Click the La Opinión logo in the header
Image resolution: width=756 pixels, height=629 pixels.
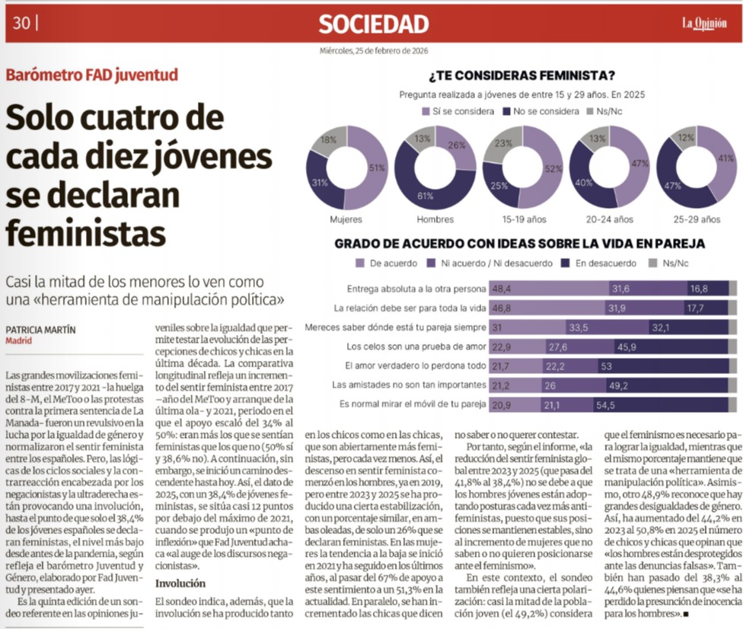click(x=703, y=24)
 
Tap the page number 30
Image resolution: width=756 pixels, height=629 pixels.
click(x=22, y=24)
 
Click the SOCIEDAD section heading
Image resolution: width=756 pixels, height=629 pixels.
click(x=373, y=24)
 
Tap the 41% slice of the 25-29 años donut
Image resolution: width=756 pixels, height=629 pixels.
click(x=725, y=161)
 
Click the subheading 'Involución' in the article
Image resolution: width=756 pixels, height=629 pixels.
click(x=180, y=583)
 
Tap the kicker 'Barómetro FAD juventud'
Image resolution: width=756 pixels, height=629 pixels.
click(x=91, y=75)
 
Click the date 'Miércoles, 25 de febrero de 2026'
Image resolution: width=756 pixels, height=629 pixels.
click(x=373, y=51)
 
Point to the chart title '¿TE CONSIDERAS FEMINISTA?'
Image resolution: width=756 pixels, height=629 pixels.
click(x=522, y=75)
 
